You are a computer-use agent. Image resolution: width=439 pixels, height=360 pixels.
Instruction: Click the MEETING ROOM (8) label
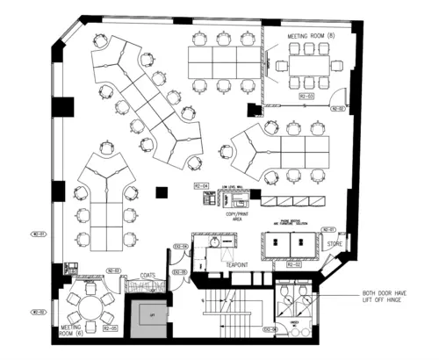(313, 35)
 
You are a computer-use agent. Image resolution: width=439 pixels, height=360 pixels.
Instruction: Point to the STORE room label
(334, 243)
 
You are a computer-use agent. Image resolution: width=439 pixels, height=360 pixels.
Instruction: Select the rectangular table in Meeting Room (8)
(308, 63)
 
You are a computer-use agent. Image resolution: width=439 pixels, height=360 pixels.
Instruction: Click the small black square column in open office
(161, 191)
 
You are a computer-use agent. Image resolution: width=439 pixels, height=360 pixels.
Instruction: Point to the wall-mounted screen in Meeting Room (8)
(280, 64)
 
